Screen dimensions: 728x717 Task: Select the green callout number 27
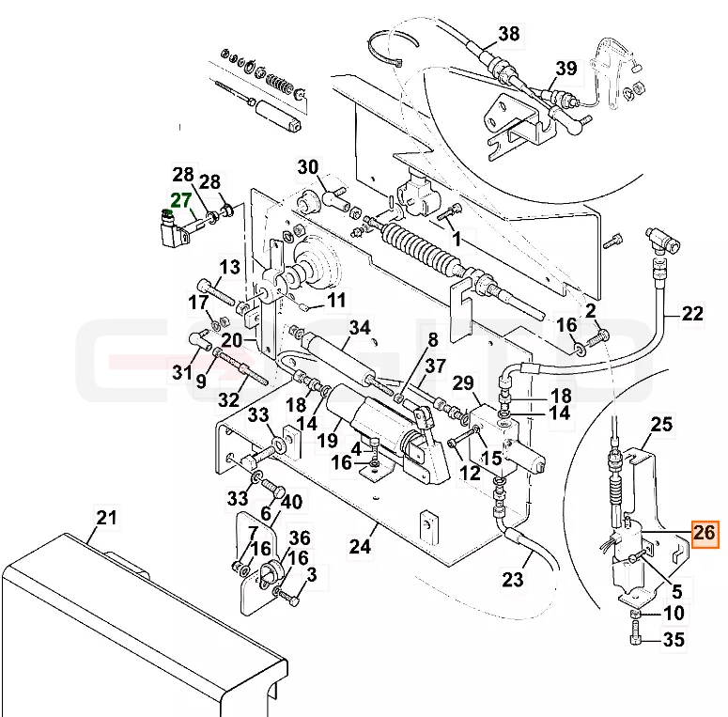(181, 200)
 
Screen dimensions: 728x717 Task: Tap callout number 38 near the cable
(509, 34)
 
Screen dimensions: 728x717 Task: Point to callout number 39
(566, 69)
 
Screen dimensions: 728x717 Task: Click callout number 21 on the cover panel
(106, 517)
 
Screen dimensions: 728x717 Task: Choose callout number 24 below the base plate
(361, 547)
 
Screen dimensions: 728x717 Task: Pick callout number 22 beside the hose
(692, 314)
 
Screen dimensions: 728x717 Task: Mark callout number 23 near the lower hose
(513, 580)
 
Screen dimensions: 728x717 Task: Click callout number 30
(308, 166)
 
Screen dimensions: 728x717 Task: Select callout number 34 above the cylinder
(360, 328)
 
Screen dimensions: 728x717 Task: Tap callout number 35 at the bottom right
(674, 640)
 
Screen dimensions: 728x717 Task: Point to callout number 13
(230, 267)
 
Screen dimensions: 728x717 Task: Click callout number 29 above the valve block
(463, 383)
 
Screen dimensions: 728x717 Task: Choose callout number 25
(661, 424)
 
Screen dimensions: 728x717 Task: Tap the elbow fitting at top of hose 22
(662, 239)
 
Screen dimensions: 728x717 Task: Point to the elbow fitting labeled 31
(200, 341)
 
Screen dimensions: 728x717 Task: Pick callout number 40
(291, 502)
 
